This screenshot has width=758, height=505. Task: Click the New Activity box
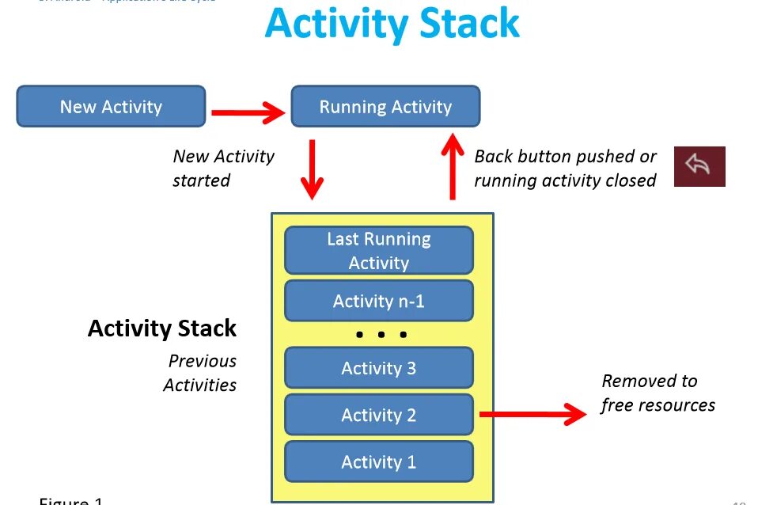click(111, 107)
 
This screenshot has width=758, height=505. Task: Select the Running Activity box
click(385, 107)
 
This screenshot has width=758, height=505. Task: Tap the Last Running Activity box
click(378, 250)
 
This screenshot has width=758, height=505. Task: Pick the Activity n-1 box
click(378, 301)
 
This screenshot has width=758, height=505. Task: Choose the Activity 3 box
click(378, 368)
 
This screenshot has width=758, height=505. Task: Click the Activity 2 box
click(378, 415)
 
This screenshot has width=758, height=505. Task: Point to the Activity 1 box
click(378, 461)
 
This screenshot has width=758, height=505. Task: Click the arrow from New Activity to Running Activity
click(248, 112)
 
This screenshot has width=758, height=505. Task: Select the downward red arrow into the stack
click(313, 169)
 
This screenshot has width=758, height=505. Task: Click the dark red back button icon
click(699, 166)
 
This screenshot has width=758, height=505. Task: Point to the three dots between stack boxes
click(381, 335)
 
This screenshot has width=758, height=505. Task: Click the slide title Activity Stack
click(392, 24)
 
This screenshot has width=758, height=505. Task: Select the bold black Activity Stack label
click(162, 328)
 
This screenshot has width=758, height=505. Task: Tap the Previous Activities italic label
click(201, 373)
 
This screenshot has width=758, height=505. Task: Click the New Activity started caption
click(223, 168)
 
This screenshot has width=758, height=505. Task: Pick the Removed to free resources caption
click(658, 393)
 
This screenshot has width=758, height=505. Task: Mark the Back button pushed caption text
click(565, 168)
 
